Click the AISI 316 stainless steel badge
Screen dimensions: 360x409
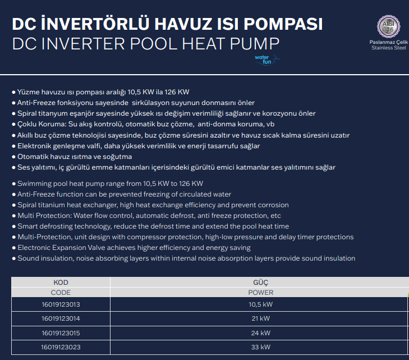point(388,25)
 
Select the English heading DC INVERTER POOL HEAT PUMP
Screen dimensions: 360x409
point(145,44)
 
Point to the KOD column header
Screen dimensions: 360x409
point(61,282)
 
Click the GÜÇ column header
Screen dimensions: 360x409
point(261,282)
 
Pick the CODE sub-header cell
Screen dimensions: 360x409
point(61,293)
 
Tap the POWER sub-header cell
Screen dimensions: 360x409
point(261,293)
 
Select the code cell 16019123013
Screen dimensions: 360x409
point(61,304)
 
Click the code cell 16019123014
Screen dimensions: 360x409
point(61,318)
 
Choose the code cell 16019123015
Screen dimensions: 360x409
point(61,332)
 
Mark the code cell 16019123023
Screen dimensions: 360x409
point(61,347)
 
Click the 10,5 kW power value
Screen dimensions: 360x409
point(261,304)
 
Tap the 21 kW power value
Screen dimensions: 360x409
point(261,318)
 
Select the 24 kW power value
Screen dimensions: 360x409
point(261,332)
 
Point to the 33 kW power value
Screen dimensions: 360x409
point(261,347)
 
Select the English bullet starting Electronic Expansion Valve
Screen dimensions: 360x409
point(134,248)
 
